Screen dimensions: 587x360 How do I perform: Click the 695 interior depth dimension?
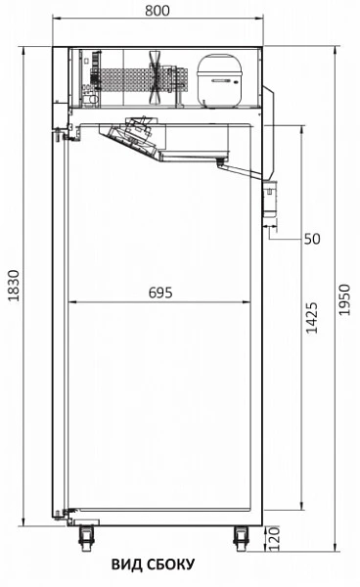pos(159,292)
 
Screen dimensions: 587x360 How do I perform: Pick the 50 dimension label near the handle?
pos(312,238)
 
